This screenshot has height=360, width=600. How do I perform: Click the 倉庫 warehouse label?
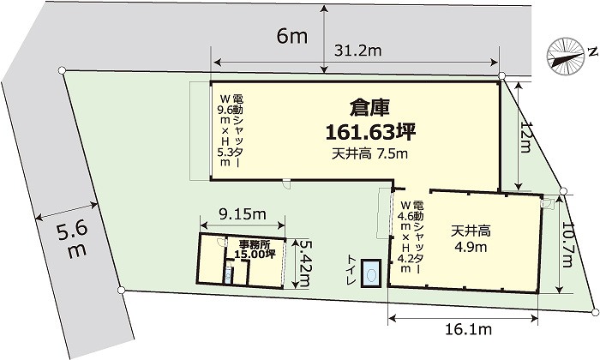369,108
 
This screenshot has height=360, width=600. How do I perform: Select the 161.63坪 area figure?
370,132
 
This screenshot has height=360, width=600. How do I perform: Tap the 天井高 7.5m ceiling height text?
369,153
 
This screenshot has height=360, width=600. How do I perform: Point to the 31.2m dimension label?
357,51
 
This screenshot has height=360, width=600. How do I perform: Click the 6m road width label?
292,36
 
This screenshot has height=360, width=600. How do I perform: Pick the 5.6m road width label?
73,241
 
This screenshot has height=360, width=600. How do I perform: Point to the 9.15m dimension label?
243,214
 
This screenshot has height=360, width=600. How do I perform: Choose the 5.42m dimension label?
305,264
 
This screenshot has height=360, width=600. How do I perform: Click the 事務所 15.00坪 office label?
255,249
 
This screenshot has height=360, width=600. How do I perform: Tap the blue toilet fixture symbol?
371,273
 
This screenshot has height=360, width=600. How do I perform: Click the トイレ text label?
351,270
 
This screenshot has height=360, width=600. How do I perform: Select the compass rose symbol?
566,56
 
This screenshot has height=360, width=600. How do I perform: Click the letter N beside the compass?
593,52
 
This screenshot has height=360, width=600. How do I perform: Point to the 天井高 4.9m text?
471,239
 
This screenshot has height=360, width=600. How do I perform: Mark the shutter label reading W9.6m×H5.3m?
230,130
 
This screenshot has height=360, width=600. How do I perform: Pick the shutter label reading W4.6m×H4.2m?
411,236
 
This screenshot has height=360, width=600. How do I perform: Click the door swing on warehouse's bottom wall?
286,184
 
